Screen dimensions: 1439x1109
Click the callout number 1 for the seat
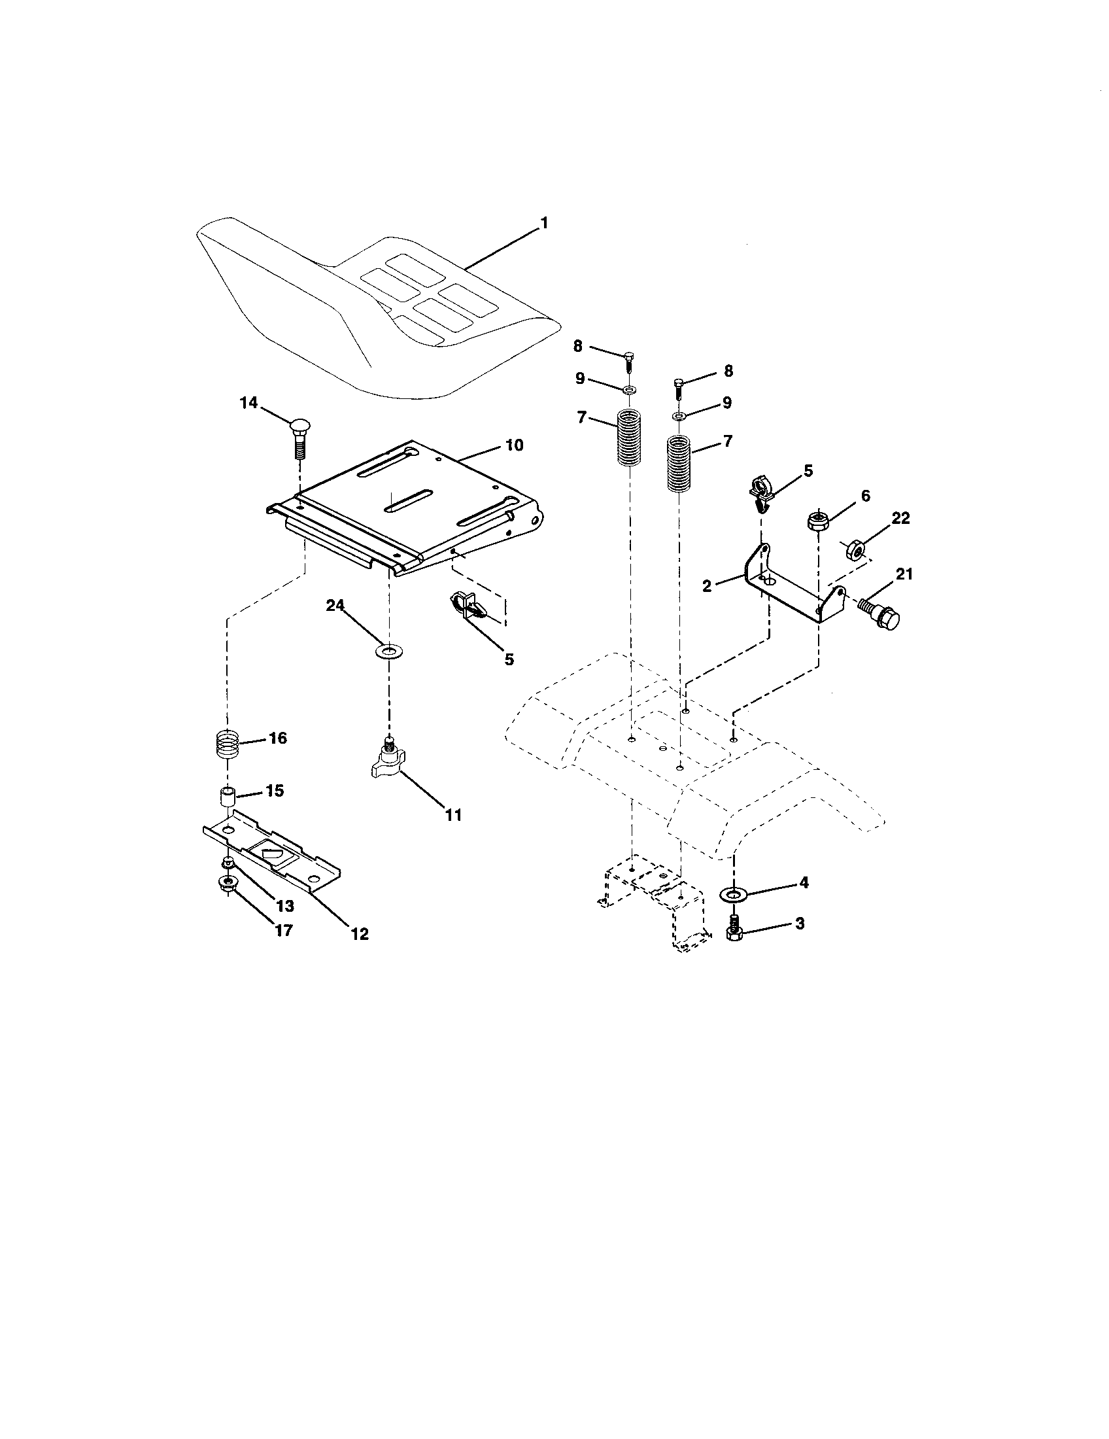pos(543,223)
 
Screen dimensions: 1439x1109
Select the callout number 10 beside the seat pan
pos(515,445)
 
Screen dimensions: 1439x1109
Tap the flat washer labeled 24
pos(389,652)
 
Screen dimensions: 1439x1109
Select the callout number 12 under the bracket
pos(360,933)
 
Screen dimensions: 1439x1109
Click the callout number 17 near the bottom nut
pos(283,930)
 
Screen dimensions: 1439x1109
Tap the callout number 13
pos(285,906)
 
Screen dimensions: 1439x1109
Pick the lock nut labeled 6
pos(817,522)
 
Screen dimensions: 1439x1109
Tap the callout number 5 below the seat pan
pos(509,659)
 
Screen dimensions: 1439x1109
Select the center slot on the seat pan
pos(408,501)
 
